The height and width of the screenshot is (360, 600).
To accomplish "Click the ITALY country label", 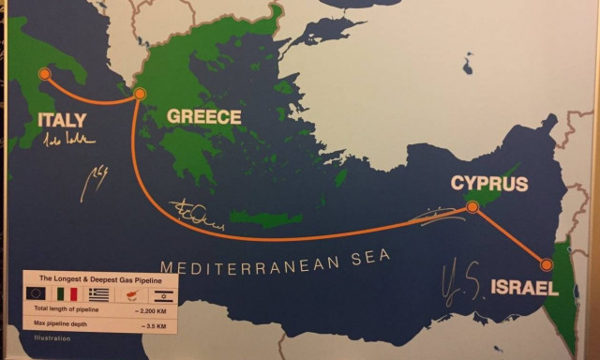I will [x=61, y=120].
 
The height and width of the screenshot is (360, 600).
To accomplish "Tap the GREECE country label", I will [x=203, y=117].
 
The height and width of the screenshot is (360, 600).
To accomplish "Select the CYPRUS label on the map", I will [x=488, y=183].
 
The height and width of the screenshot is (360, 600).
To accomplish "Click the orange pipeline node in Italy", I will [x=43, y=73].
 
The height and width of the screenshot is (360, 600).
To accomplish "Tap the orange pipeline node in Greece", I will [x=140, y=94].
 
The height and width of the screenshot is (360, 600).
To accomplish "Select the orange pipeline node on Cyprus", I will [x=472, y=206].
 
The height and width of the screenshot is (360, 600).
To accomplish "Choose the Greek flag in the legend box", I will [x=98, y=294].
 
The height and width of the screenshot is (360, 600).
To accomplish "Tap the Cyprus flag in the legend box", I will [x=127, y=294].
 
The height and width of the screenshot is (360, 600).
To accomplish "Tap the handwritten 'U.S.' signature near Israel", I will [x=464, y=277].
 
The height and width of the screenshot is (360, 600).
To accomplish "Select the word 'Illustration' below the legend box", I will [x=52, y=337].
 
